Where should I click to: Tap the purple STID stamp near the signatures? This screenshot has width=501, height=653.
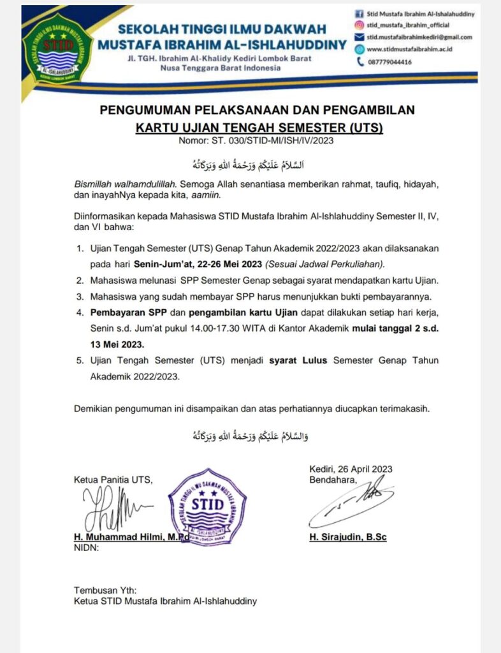click(207, 507)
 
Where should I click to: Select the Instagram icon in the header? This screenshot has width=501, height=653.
click(359, 26)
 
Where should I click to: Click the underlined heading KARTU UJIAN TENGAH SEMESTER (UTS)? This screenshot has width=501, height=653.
click(259, 128)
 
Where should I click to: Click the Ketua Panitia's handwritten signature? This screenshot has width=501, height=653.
click(115, 509)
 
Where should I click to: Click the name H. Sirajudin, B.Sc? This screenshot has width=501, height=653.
click(348, 537)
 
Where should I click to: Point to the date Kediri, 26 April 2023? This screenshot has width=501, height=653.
click(351, 469)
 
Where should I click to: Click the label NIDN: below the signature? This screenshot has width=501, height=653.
click(86, 547)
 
